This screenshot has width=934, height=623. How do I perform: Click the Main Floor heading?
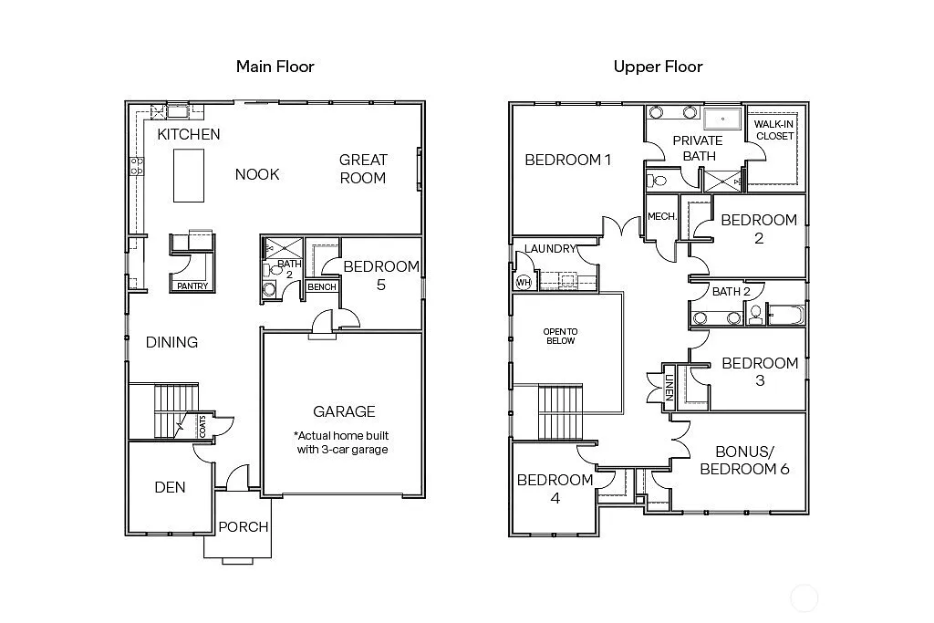[275, 66]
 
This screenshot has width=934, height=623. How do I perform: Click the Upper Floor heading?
[658, 66]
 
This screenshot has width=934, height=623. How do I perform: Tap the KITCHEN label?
[189, 134]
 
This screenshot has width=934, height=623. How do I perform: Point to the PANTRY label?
[192, 286]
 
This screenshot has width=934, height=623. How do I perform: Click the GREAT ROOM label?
[363, 169]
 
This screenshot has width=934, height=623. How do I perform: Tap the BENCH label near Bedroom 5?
[321, 287]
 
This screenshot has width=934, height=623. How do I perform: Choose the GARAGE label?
[344, 411]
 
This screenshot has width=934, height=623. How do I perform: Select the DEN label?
[170, 487]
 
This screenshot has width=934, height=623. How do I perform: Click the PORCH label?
[244, 526]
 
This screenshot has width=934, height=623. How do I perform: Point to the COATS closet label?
[202, 426]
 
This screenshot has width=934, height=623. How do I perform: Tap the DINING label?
[171, 342]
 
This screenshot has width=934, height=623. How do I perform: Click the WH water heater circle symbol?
[523, 282]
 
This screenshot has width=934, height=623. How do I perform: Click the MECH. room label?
[661, 217]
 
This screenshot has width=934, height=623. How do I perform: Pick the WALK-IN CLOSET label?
[773, 130]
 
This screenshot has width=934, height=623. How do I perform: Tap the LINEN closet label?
[669, 387]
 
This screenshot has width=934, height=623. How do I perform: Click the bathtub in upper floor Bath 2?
[787, 317]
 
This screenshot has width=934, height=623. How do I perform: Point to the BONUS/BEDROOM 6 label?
[740, 460]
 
